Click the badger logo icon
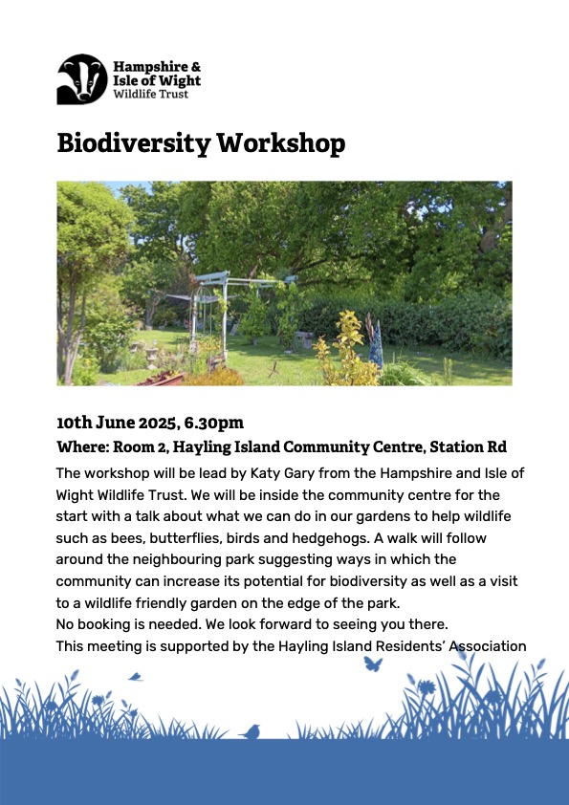click(82, 79)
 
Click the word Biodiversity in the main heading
click(134, 143)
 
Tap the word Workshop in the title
click(281, 143)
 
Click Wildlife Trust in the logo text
click(151, 94)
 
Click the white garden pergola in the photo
click(225, 314)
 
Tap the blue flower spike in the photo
click(376, 343)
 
